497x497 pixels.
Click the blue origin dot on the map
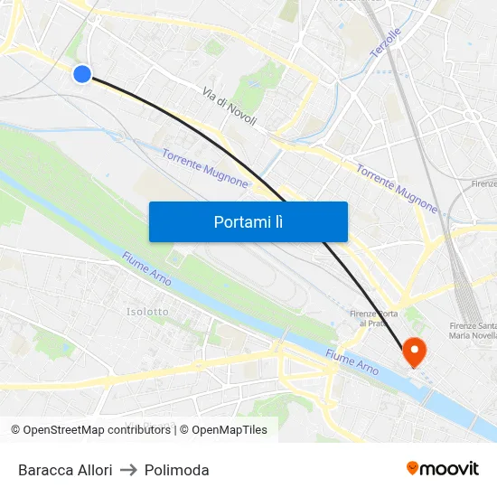(x=82, y=74)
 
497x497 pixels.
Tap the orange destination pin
(x=415, y=352)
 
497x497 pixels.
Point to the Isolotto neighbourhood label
(x=147, y=312)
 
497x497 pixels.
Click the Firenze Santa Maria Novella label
(x=472, y=331)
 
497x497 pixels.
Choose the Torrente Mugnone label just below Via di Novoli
(x=204, y=168)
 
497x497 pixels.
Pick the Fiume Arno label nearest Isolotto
(x=145, y=270)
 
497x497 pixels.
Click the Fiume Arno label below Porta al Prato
(x=352, y=363)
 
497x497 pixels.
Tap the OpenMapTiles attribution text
(x=230, y=430)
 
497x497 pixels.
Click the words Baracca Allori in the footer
(x=65, y=470)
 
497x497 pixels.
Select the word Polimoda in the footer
(x=176, y=470)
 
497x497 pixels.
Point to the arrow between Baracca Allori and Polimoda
(x=128, y=470)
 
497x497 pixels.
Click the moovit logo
(x=443, y=468)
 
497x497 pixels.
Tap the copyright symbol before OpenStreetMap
(x=15, y=430)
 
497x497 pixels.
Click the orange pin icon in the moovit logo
(x=413, y=468)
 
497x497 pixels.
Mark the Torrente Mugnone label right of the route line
(x=397, y=188)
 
